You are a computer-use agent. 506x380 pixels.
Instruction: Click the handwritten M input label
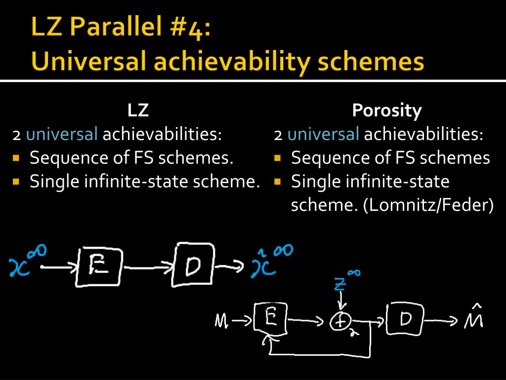[x=221, y=321]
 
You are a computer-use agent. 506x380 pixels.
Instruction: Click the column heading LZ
[x=138, y=110]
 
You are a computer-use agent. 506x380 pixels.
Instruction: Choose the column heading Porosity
[x=387, y=111]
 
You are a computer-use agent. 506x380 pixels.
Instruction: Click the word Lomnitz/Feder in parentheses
[x=429, y=204]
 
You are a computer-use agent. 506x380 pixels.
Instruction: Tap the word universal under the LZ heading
[x=62, y=134]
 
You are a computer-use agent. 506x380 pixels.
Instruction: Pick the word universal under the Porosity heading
[x=323, y=134]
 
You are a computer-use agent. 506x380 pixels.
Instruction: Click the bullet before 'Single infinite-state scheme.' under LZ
[x=16, y=182]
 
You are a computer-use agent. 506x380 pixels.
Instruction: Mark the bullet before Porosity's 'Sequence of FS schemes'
[x=277, y=158]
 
